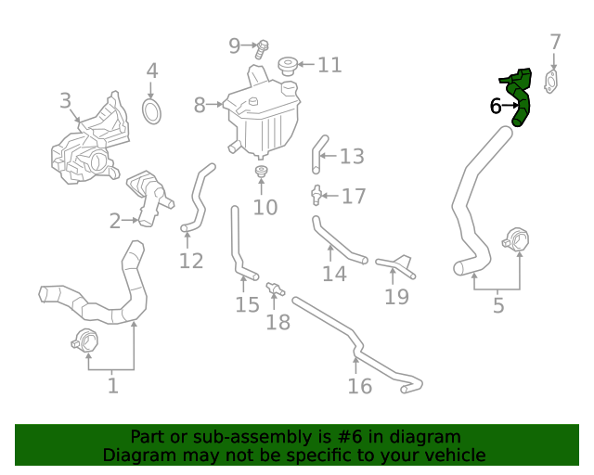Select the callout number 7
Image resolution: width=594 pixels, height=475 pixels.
[x=555, y=42]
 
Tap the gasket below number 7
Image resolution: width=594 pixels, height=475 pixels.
[x=552, y=82]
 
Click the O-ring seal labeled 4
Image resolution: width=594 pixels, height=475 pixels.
[x=152, y=111]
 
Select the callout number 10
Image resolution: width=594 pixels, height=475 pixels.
[x=265, y=207]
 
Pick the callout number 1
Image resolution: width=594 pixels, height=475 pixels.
[x=112, y=384]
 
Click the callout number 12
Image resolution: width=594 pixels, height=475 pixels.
[x=191, y=261]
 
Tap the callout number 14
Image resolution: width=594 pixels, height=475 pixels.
[x=334, y=274]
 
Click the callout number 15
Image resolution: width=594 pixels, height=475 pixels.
[x=247, y=304]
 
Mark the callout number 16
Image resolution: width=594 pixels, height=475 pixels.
[x=359, y=386]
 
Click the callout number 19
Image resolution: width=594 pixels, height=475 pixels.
[x=396, y=297]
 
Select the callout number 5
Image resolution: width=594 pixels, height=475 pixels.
[x=498, y=304]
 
